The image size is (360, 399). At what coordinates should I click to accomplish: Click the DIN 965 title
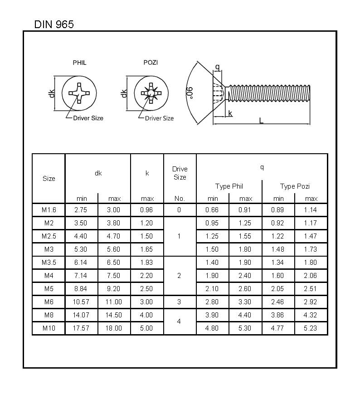tap(54, 24)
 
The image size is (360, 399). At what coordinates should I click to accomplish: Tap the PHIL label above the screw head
tap(79, 63)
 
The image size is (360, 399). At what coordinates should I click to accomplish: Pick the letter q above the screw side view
tap(217, 68)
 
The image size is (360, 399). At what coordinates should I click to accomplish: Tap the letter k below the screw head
tap(230, 113)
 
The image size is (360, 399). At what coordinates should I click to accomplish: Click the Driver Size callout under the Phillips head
tap(88, 118)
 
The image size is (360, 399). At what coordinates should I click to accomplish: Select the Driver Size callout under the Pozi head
tap(159, 118)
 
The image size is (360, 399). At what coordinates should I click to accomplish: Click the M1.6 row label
tap(49, 210)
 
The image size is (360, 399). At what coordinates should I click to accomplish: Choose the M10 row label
tap(49, 328)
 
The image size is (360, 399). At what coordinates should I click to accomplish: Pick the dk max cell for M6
tap(114, 302)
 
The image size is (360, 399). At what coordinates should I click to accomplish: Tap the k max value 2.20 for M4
tap(147, 276)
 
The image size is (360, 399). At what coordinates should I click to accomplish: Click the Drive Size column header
tap(180, 173)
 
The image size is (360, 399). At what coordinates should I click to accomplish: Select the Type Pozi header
tap(295, 186)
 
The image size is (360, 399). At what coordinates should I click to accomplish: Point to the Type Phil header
tap(229, 186)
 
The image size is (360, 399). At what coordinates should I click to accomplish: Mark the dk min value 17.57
tap(81, 328)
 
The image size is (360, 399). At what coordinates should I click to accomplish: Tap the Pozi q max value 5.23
tap(311, 328)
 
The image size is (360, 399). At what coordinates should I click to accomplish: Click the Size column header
tap(49, 179)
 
